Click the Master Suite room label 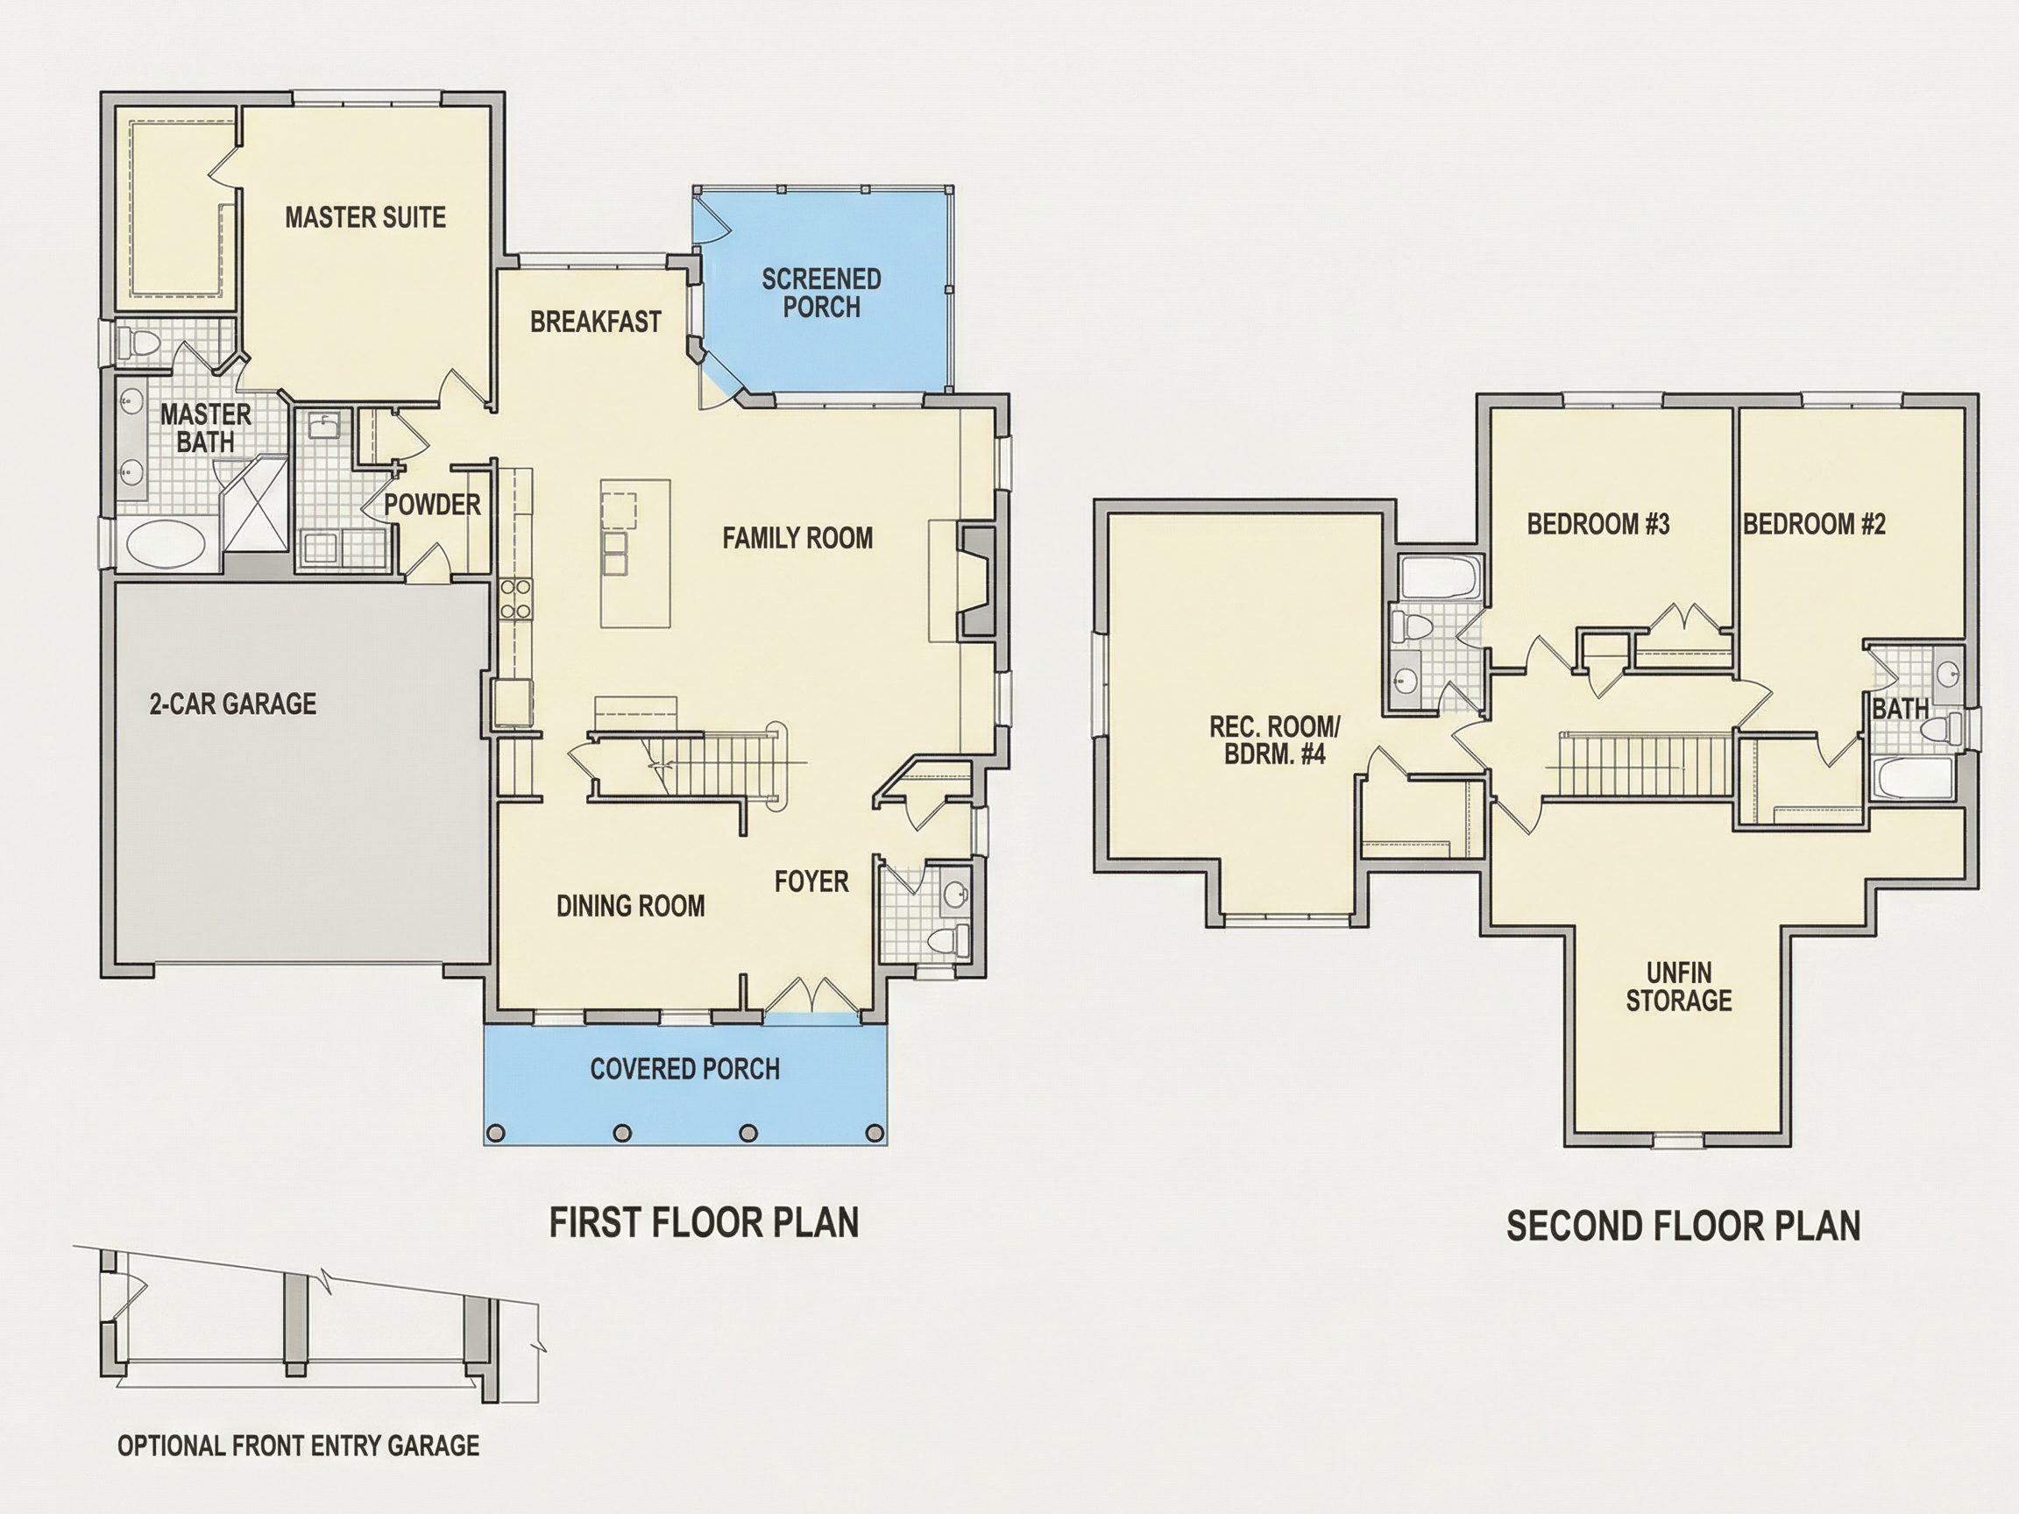(365, 217)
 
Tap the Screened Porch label (821, 293)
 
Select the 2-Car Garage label (233, 704)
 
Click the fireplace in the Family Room (977, 580)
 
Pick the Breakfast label (595, 322)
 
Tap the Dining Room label (631, 905)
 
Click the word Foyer (811, 881)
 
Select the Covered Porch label (684, 1069)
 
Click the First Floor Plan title (704, 1223)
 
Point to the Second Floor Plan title (1683, 1226)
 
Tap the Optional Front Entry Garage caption (299, 1446)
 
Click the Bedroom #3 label (1598, 524)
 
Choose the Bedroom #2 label (1815, 524)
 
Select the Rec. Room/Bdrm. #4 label (1274, 740)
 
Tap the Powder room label (432, 505)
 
